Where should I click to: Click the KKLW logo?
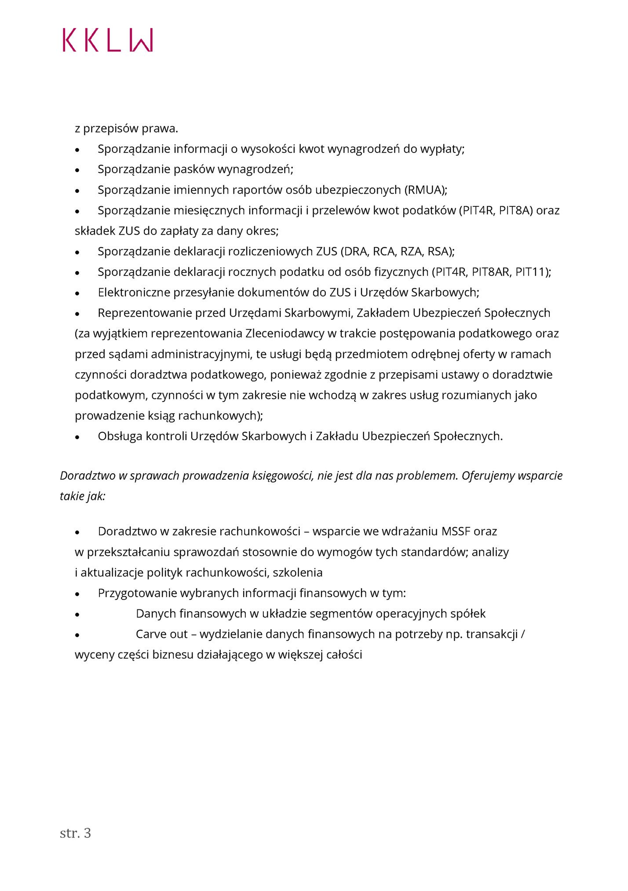point(108,40)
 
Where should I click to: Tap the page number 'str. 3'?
point(75,833)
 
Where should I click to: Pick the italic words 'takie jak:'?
point(83,496)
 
